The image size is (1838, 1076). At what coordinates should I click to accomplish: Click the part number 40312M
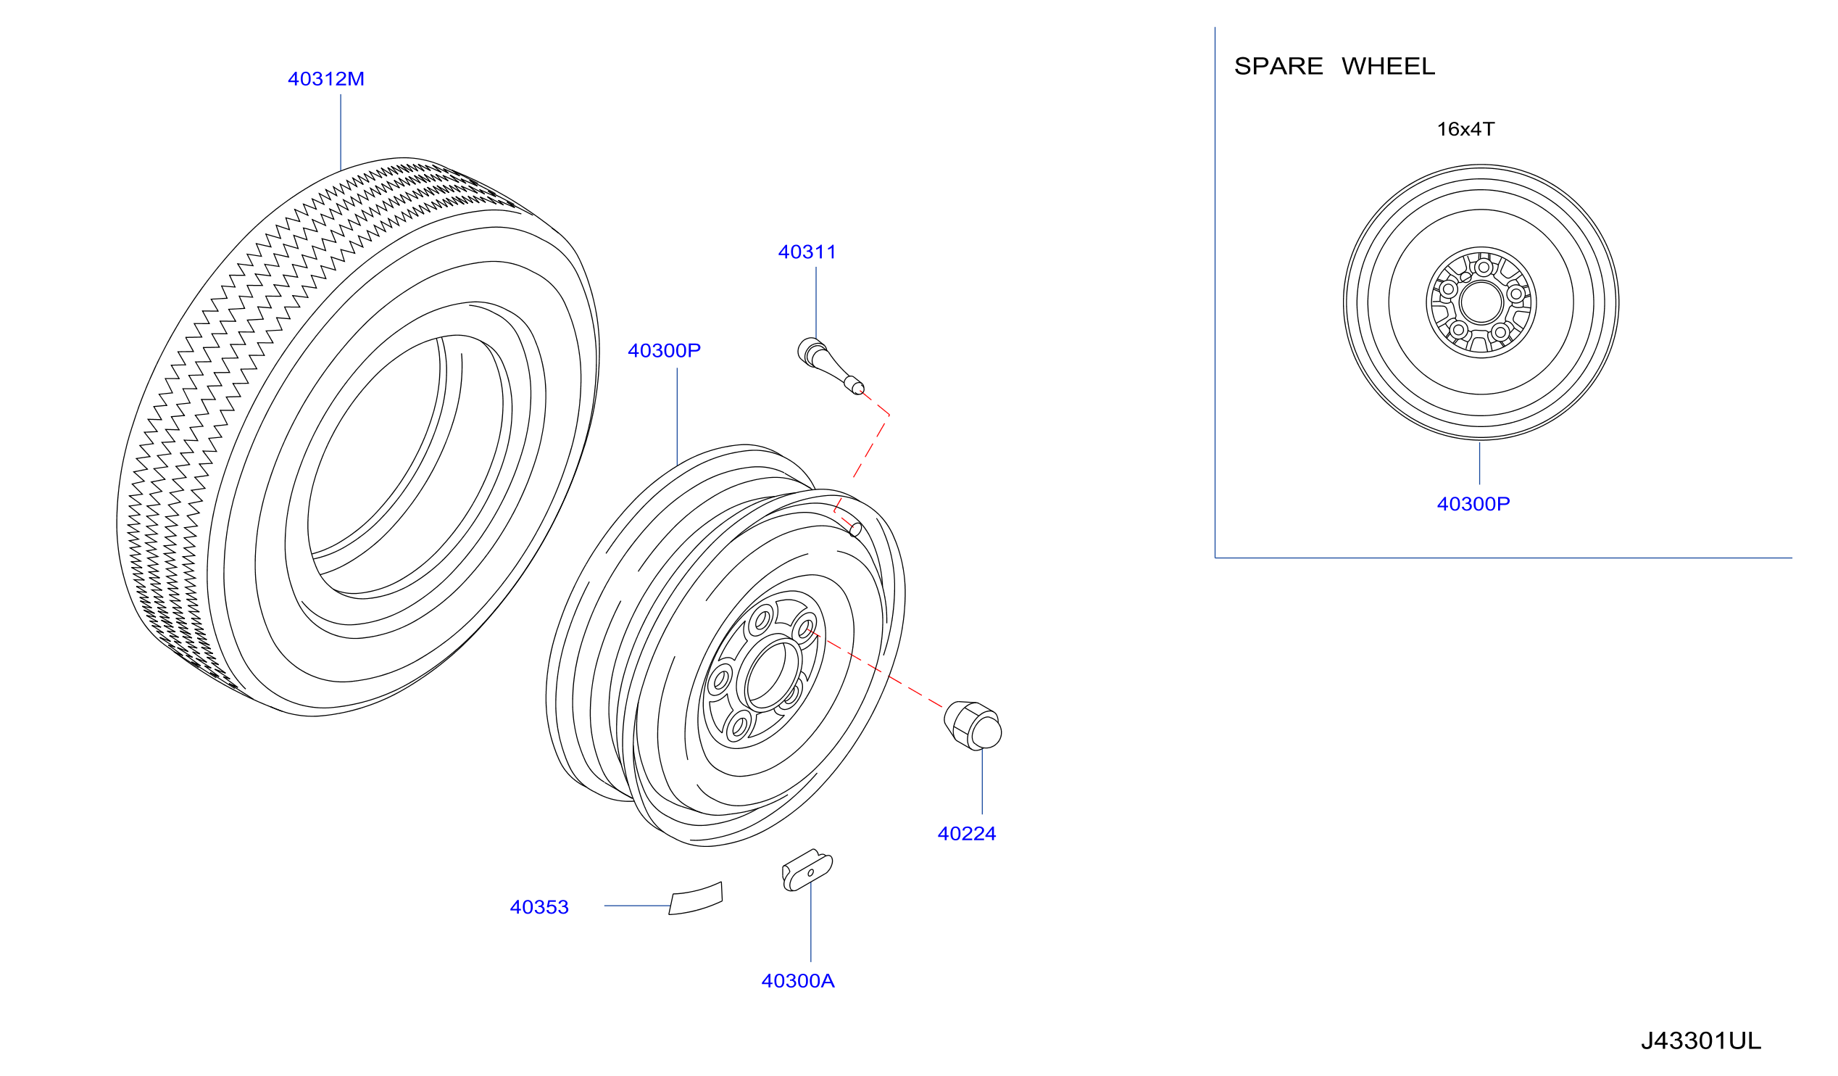326,79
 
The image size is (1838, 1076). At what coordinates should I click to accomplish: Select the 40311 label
807,252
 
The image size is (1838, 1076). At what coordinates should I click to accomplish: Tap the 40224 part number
966,833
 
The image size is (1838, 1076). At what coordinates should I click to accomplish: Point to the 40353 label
539,907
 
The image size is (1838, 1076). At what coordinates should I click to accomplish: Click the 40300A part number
798,980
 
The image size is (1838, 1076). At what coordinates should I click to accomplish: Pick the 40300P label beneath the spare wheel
1473,503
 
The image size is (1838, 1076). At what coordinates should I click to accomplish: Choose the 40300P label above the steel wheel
664,350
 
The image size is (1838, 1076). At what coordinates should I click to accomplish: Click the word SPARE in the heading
1278,67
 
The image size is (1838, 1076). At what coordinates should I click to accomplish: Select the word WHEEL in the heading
1388,67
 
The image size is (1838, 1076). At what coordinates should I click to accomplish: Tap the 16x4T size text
1465,129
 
